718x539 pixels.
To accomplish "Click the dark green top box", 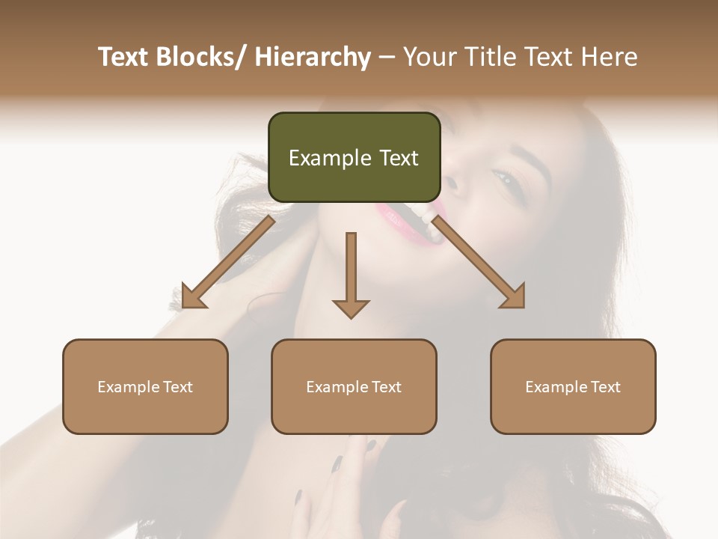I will pos(354,157).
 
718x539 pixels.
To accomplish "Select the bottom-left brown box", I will pos(145,386).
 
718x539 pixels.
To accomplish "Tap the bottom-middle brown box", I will pos(354,386).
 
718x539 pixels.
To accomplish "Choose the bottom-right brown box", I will pos(573,386).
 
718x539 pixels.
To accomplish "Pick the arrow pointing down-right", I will pos(479,263).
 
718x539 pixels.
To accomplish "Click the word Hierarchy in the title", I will pos(312,57).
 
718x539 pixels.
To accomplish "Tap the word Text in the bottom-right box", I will pos(604,387).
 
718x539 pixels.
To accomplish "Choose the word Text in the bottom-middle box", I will pos(385,387).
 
